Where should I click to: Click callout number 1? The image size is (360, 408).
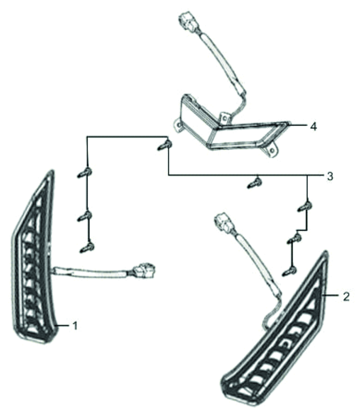click(75, 326)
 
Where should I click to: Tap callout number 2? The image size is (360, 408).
click(346, 296)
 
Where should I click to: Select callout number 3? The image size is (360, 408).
click(330, 176)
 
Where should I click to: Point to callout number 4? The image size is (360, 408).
click(314, 127)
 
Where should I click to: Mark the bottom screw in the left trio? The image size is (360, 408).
click(87, 248)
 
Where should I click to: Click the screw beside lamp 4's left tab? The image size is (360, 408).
click(165, 146)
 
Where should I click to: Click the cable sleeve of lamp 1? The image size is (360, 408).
click(92, 272)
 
